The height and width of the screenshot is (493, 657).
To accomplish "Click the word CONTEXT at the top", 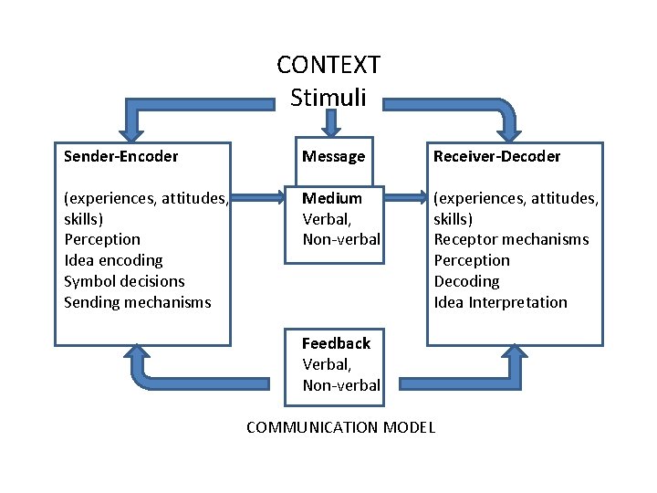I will pyautogui.click(x=328, y=66).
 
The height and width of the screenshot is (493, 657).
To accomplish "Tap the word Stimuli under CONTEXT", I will pyautogui.click(x=328, y=97).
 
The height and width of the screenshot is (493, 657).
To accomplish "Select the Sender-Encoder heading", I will pyautogui.click(x=120, y=156).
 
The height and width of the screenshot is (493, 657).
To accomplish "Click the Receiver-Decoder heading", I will pyautogui.click(x=496, y=156).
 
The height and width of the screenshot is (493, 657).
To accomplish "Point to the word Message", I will pyautogui.click(x=333, y=156).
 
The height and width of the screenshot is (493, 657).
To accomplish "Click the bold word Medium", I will pyautogui.click(x=332, y=198).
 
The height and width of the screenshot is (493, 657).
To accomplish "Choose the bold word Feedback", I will pyautogui.click(x=336, y=343).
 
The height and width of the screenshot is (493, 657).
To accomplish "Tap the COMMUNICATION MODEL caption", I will pyautogui.click(x=340, y=427).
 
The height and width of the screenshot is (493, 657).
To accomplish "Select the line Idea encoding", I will pyautogui.click(x=113, y=260).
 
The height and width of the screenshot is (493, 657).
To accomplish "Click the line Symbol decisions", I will pyautogui.click(x=124, y=281).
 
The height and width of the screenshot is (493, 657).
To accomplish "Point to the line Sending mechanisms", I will pyautogui.click(x=137, y=302).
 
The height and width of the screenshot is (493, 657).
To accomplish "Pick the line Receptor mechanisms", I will pyautogui.click(x=511, y=239).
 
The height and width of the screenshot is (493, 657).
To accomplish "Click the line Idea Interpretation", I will pyautogui.click(x=500, y=302).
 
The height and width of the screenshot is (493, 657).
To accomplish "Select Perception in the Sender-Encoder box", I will pyautogui.click(x=102, y=239).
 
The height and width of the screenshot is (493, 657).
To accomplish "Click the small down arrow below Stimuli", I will pyautogui.click(x=331, y=121).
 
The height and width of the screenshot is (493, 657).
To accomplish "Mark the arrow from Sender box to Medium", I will pyautogui.click(x=256, y=195).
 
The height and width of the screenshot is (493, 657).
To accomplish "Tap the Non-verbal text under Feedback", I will pyautogui.click(x=341, y=385).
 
